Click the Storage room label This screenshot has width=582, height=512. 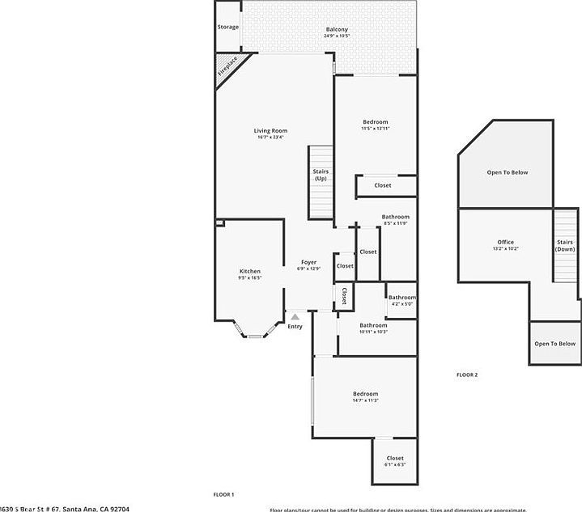coord(228,27)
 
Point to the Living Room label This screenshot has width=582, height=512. coord(270,130)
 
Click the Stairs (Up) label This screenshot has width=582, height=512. coord(321,175)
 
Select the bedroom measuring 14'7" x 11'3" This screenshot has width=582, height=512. coord(365,394)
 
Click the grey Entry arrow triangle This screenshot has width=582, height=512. coord(295,317)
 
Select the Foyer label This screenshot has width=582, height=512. coord(308,262)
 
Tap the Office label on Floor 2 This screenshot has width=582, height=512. coord(505,242)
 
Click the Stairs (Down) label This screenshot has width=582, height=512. coord(565,245)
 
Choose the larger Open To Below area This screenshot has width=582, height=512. coord(507,172)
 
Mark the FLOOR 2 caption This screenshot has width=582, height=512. coord(467,374)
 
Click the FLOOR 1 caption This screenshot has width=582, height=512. coord(223,494)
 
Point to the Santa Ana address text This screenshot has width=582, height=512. coord(65,508)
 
